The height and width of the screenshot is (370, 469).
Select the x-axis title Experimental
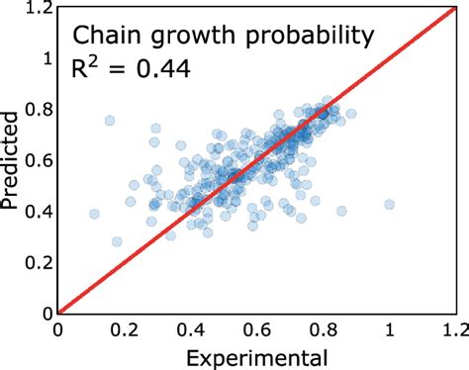pyautogui.click(x=256, y=354)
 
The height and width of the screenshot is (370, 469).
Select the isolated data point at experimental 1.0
pyautogui.click(x=389, y=205)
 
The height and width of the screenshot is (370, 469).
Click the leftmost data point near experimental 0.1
pyautogui.click(x=94, y=214)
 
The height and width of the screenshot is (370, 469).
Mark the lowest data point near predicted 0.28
pyautogui.click(x=118, y=241)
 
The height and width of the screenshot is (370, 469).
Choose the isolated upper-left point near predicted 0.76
pyautogui.click(x=110, y=121)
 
